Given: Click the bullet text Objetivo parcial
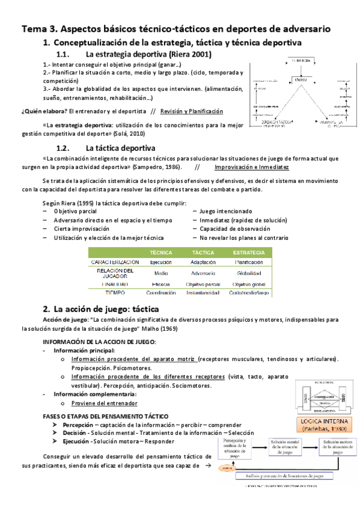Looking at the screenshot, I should tap(75, 211).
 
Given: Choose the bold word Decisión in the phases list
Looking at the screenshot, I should tap(75, 432).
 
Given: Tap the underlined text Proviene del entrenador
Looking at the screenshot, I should tap(104, 403).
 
